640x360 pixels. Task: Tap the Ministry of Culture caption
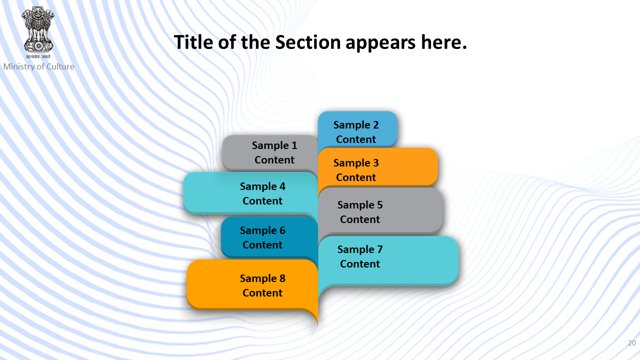39,66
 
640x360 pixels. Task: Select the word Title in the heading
193,42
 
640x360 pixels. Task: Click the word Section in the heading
308,42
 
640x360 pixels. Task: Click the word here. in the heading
443,42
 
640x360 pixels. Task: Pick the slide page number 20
631,343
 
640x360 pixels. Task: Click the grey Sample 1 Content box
270,152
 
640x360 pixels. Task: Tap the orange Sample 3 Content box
377,167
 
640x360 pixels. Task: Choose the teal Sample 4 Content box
250,193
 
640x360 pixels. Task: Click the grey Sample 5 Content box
380,211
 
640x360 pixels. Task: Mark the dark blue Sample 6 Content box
269,237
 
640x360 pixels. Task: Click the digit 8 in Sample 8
282,278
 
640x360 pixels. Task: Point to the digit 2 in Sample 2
375,125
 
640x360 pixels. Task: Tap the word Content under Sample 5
359,219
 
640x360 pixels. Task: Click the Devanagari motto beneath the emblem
38,56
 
